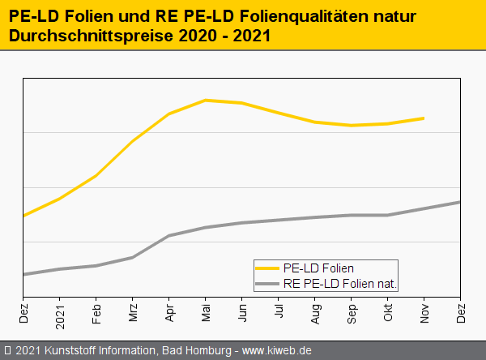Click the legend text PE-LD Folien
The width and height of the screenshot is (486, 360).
point(318,268)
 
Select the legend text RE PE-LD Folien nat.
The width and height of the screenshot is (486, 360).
point(344,284)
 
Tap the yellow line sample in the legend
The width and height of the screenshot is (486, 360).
point(266,268)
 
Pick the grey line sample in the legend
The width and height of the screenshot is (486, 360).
point(266,284)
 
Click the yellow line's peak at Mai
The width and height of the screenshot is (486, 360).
point(206,100)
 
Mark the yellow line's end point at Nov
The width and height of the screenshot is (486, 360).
point(424,118)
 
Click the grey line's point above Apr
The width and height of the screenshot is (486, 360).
point(169,235)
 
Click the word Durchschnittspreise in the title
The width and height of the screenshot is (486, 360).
point(84,36)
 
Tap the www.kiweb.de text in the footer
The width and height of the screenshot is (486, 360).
point(277,350)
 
